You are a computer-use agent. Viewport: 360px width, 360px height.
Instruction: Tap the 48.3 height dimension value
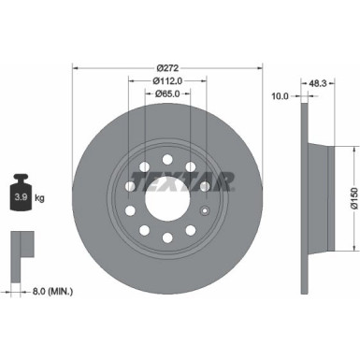pyautogui.click(x=319, y=84)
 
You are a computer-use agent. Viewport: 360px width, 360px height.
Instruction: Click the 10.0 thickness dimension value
pyautogui.click(x=279, y=94)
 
